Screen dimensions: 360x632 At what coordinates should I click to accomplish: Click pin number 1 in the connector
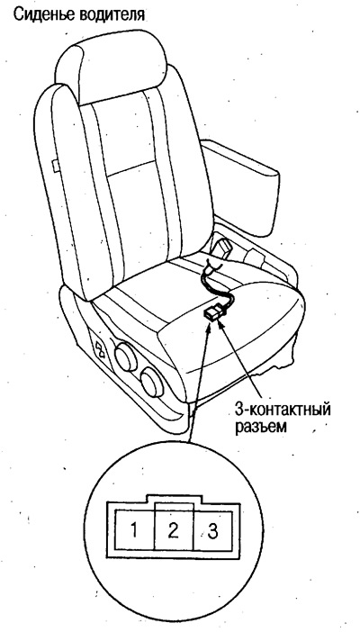click(134, 531)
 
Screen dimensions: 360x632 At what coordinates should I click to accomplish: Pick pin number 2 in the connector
click(174, 531)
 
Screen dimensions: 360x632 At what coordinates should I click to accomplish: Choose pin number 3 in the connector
click(212, 531)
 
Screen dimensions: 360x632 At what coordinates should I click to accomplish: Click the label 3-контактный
click(283, 411)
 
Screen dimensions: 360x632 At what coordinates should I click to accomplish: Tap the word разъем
click(260, 426)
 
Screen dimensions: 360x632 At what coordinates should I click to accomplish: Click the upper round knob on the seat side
click(126, 355)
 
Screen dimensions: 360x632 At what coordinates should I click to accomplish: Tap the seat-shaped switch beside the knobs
click(100, 348)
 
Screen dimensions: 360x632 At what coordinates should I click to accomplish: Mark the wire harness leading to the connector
click(218, 282)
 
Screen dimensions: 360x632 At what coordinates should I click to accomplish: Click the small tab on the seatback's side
click(56, 166)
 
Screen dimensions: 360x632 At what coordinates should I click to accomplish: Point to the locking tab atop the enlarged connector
click(174, 498)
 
